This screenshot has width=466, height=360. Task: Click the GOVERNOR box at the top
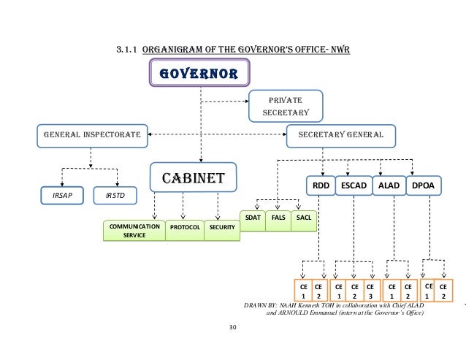click(x=199, y=74)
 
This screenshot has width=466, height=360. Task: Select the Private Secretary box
click(x=286, y=106)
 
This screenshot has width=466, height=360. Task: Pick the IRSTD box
click(x=115, y=196)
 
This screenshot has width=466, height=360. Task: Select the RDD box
click(x=321, y=186)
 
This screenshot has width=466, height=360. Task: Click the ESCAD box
click(x=354, y=186)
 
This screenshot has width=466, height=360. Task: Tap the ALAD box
click(x=387, y=186)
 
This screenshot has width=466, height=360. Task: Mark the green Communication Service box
click(x=134, y=231)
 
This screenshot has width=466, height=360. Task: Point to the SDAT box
click(x=252, y=219)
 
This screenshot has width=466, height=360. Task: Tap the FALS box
click(x=278, y=219)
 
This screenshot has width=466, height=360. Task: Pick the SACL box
click(x=302, y=219)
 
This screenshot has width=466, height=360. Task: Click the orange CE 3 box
click(x=370, y=291)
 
